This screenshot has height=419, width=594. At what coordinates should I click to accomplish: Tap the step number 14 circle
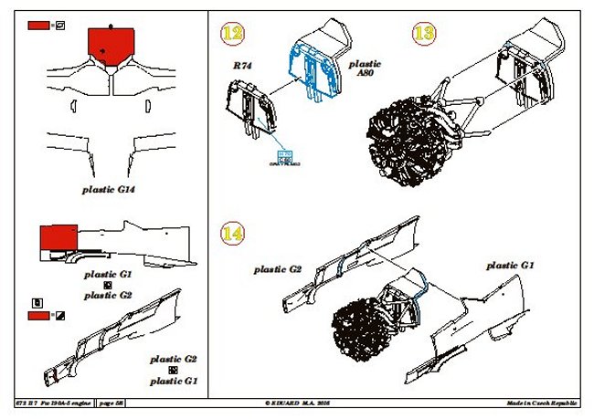[x=233, y=234]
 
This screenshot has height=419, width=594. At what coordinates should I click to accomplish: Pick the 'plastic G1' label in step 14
[x=510, y=265]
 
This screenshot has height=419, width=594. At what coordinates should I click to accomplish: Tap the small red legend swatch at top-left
[x=39, y=26]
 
